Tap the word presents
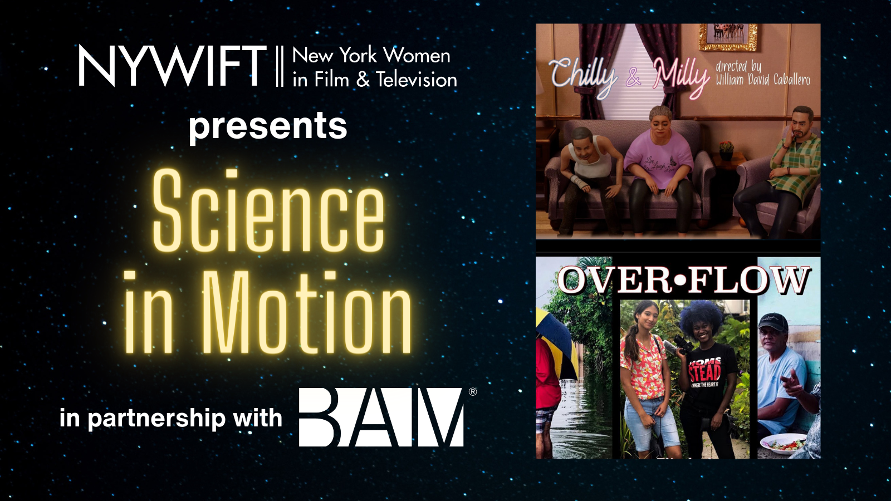pos(268,126)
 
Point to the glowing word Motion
pos(306,313)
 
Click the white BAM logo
pos(381,417)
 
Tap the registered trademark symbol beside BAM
pos(473,392)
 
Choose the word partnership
pos(156,419)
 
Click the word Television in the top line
pos(416,80)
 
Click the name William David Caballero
pos(762,80)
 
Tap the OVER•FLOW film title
pos(683,280)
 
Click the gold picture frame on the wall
pos(728,37)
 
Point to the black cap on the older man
pos(773,322)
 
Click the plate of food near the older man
pos(784,444)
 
